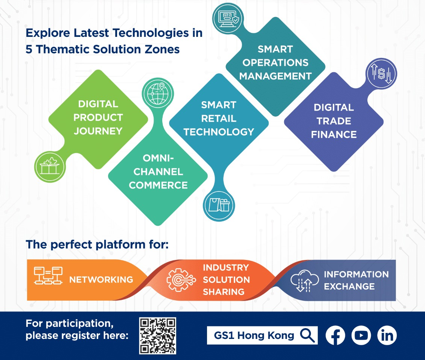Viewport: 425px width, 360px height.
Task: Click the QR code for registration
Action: point(157,336)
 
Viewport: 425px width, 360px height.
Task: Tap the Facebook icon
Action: point(335,335)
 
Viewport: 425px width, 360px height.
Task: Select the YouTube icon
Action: point(361,335)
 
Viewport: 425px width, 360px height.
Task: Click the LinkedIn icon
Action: point(387,335)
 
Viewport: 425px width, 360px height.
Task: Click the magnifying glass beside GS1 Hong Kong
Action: point(307,335)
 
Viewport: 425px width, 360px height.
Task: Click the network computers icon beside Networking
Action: point(48,276)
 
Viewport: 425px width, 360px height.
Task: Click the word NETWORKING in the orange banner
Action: point(101,279)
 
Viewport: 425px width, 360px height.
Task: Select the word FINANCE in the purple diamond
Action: point(334,134)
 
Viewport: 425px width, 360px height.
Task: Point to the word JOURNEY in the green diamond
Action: point(98,131)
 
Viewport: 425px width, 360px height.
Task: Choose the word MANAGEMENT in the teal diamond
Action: point(275,76)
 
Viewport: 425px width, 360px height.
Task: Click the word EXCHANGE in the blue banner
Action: point(349,286)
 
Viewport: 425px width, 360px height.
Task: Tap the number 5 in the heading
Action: point(29,49)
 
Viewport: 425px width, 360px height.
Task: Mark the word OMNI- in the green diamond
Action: point(158,158)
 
